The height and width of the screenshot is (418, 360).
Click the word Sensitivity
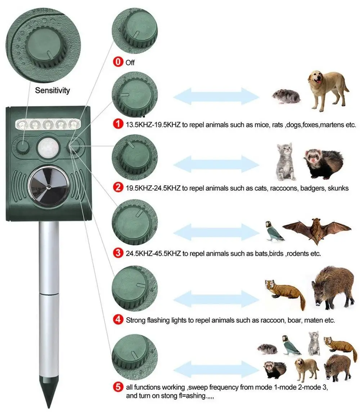[52, 90]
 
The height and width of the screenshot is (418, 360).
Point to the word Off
[130, 63]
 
